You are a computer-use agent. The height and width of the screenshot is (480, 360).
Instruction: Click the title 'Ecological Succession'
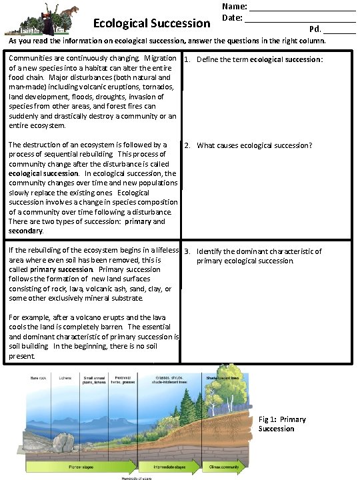[152, 23]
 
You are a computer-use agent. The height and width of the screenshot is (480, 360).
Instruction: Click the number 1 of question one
[188, 59]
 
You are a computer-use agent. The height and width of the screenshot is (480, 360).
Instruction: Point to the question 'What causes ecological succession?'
[254, 145]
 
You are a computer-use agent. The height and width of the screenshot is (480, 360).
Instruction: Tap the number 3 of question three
[188, 251]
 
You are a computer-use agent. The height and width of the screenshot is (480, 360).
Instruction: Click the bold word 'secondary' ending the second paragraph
[25, 231]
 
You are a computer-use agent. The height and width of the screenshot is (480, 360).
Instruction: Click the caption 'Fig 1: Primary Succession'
[282, 424]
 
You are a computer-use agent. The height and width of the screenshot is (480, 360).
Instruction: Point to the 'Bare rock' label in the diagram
[39, 377]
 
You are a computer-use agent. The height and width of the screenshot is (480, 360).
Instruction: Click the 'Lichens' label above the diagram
[64, 377]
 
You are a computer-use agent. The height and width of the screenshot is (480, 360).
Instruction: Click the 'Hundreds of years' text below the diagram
[137, 477]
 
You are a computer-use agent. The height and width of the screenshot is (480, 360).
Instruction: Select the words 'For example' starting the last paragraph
[27, 317]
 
